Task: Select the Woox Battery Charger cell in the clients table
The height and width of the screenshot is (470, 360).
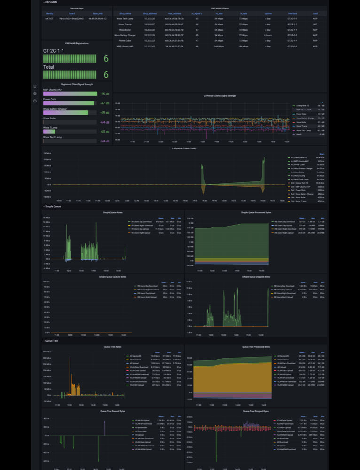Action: (x=125, y=35)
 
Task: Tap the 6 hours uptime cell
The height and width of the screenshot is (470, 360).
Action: (x=267, y=35)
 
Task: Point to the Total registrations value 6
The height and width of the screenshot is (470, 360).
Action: (x=106, y=75)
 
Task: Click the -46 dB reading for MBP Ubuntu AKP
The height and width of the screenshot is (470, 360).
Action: (x=104, y=94)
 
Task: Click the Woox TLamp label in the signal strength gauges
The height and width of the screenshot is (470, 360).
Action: (x=50, y=127)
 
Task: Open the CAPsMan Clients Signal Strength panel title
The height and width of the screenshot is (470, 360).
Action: (x=220, y=95)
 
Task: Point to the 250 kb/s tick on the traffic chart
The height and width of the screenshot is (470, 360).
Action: (x=47, y=154)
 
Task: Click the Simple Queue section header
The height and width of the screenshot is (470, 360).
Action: (x=52, y=206)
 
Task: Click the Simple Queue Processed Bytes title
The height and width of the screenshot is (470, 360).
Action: (x=256, y=213)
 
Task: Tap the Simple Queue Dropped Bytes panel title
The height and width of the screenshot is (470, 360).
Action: (x=256, y=277)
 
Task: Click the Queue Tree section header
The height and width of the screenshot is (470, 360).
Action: (x=51, y=341)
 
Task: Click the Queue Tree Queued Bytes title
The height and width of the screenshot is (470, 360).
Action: (x=113, y=411)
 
